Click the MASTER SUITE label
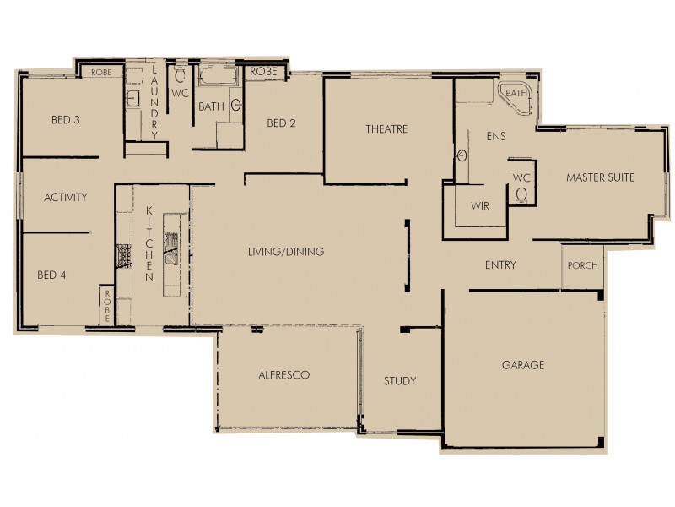600,177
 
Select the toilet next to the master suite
521,194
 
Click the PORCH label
582,265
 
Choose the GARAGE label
523,365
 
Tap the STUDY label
399,381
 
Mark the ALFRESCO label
284,374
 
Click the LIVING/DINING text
286,252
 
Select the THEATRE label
386,129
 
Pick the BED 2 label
281,123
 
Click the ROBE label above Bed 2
263,73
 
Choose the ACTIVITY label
66,198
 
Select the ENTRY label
500,265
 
